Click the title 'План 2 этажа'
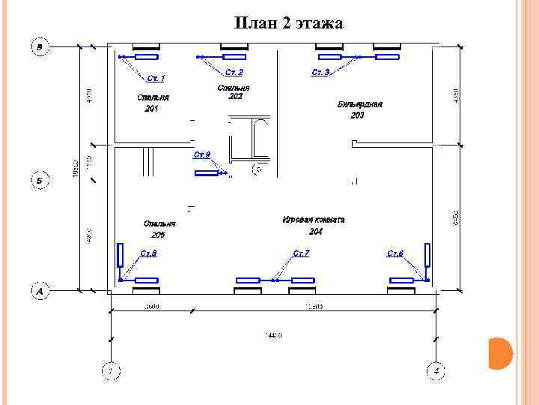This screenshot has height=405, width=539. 288,24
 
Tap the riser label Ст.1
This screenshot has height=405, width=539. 156,77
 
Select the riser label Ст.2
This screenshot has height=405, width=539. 234,72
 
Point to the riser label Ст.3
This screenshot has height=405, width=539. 320,72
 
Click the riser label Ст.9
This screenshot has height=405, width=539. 201,154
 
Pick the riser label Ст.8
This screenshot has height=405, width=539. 148,253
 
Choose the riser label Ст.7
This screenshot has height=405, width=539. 301,253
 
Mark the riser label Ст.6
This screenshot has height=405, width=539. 395,253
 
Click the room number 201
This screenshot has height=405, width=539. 152,109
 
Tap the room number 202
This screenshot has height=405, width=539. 235,97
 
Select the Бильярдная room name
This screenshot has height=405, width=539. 359,104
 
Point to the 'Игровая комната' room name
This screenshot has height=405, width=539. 314,220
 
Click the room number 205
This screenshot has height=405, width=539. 159,235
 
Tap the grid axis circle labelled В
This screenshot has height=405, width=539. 40,47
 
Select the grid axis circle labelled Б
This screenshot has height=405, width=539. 40,180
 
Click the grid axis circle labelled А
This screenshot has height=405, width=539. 40,289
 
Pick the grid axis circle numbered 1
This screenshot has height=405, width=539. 110,370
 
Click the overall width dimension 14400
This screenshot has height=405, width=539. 272,335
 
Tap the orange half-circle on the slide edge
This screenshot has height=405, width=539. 499,353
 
